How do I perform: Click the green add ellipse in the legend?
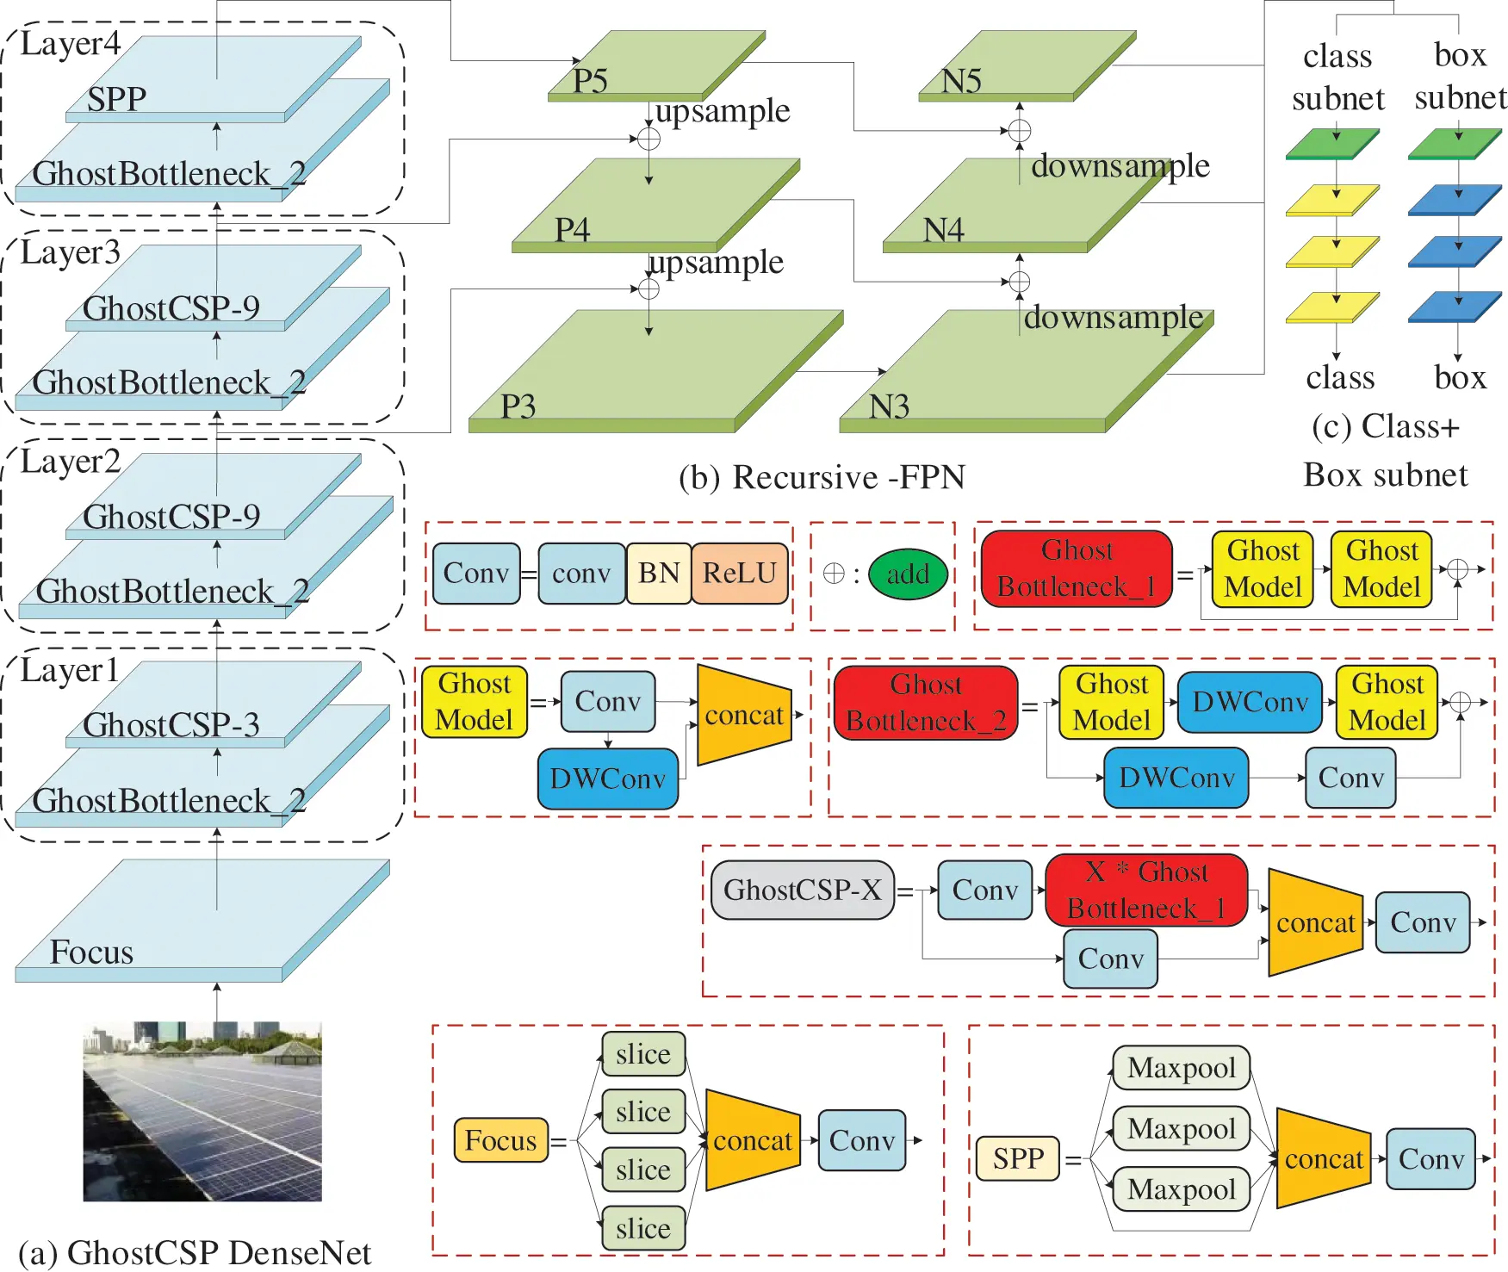tap(908, 574)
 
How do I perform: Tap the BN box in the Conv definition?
tap(659, 573)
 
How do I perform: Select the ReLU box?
tap(740, 573)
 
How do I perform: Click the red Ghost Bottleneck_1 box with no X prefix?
tap(1077, 568)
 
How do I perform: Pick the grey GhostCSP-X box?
tap(803, 890)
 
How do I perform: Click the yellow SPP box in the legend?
tap(1018, 1158)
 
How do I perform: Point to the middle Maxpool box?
tap(1181, 1128)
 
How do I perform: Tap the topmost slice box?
tap(643, 1054)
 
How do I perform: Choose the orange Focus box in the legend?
tap(500, 1140)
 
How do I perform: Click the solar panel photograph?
tap(202, 1111)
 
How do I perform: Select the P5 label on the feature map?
tap(591, 81)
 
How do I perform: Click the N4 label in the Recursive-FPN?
tap(944, 230)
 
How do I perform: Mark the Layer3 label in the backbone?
tap(71, 252)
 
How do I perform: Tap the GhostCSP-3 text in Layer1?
tap(171, 724)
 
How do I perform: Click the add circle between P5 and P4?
tap(649, 139)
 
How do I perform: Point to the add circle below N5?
tap(1020, 131)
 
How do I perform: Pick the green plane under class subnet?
tap(1332, 144)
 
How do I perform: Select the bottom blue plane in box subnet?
tap(1455, 307)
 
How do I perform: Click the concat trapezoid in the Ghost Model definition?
tap(744, 715)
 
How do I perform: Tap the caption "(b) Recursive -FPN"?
tap(822, 476)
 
